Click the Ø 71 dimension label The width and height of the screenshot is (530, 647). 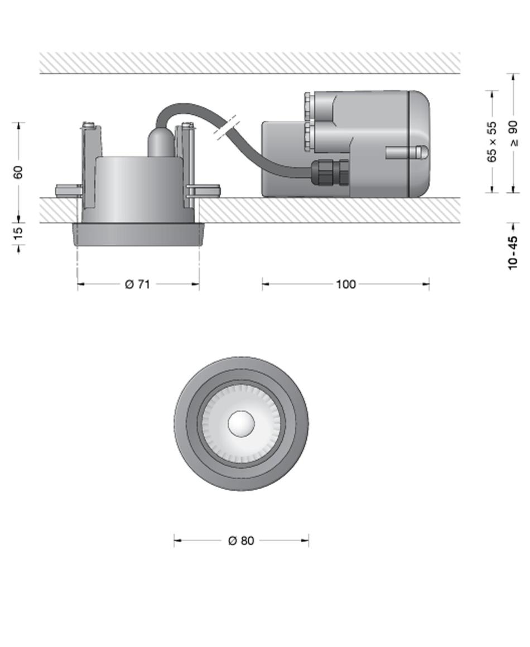137,284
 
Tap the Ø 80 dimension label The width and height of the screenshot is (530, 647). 241,540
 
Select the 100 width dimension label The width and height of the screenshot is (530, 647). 345,284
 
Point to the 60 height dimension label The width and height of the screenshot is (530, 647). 18,172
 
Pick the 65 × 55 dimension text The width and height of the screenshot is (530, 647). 492,142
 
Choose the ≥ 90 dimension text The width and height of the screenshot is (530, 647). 513,133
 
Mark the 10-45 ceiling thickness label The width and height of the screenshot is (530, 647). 513,253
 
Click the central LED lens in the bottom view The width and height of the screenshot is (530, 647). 241,424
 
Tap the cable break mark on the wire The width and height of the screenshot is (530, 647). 225,127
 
